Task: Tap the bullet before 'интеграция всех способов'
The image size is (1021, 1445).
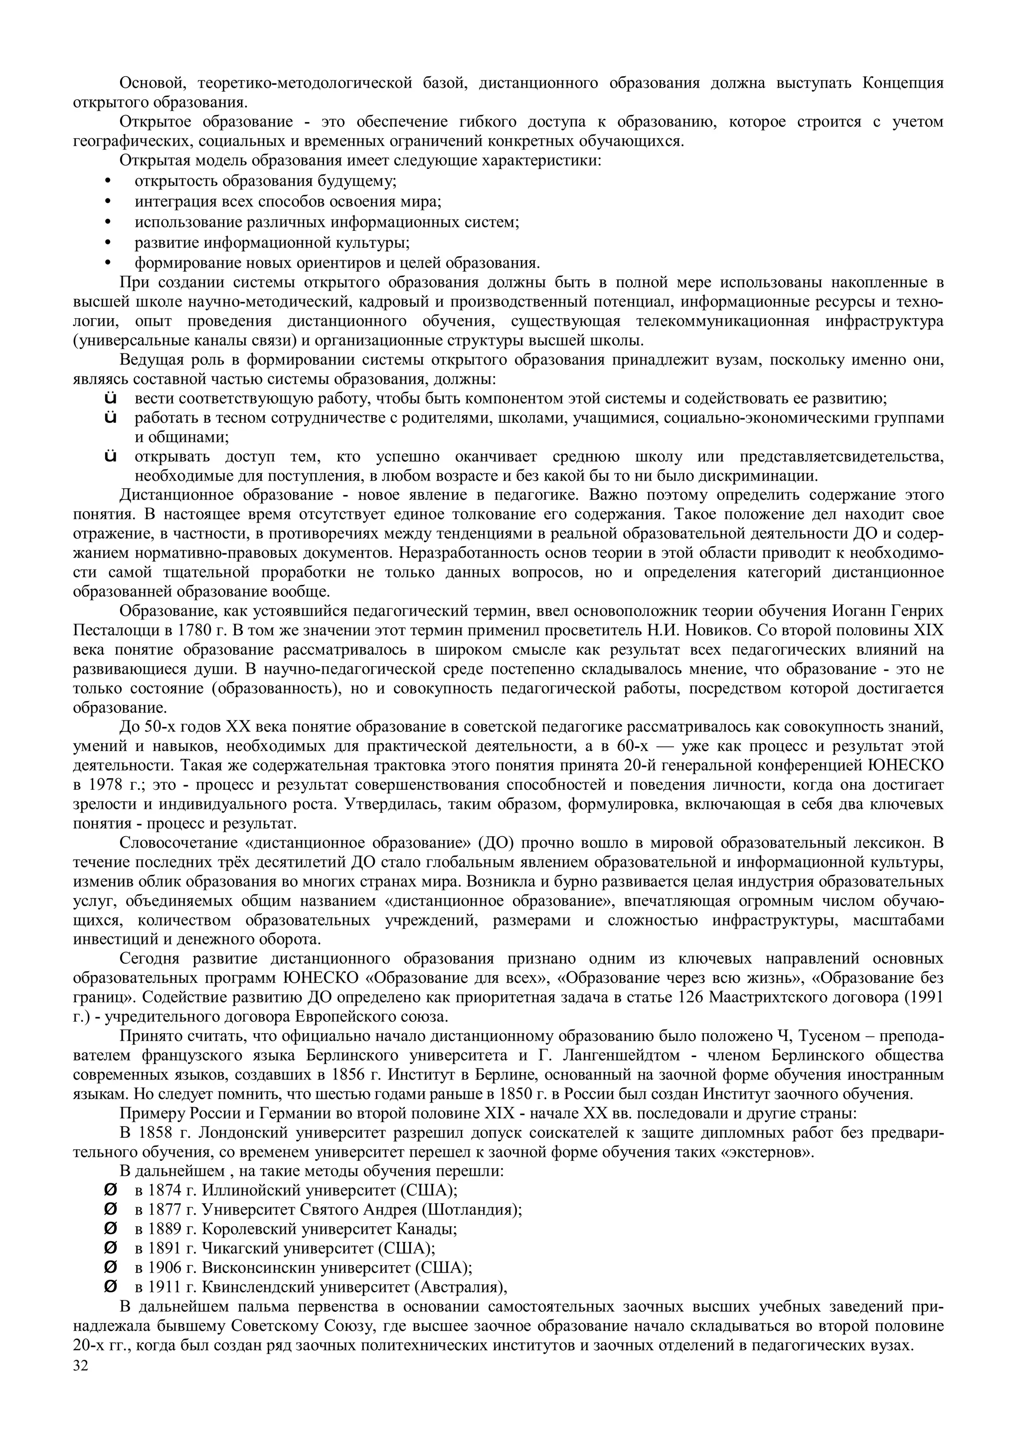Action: (108, 202)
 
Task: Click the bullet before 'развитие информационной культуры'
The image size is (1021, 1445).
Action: (108, 243)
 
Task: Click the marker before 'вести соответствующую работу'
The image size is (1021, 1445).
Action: (111, 398)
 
